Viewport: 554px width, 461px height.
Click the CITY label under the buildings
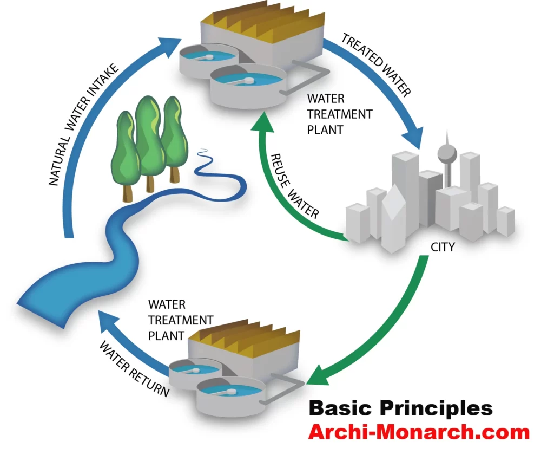pos(443,247)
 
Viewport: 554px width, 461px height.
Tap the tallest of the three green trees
pos(148,138)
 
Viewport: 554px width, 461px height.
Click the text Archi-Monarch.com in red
pos(418,432)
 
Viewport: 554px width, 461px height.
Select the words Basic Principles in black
pos(400,408)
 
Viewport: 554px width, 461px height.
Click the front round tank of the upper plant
pos(246,85)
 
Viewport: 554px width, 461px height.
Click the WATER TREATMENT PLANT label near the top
pos(339,114)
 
